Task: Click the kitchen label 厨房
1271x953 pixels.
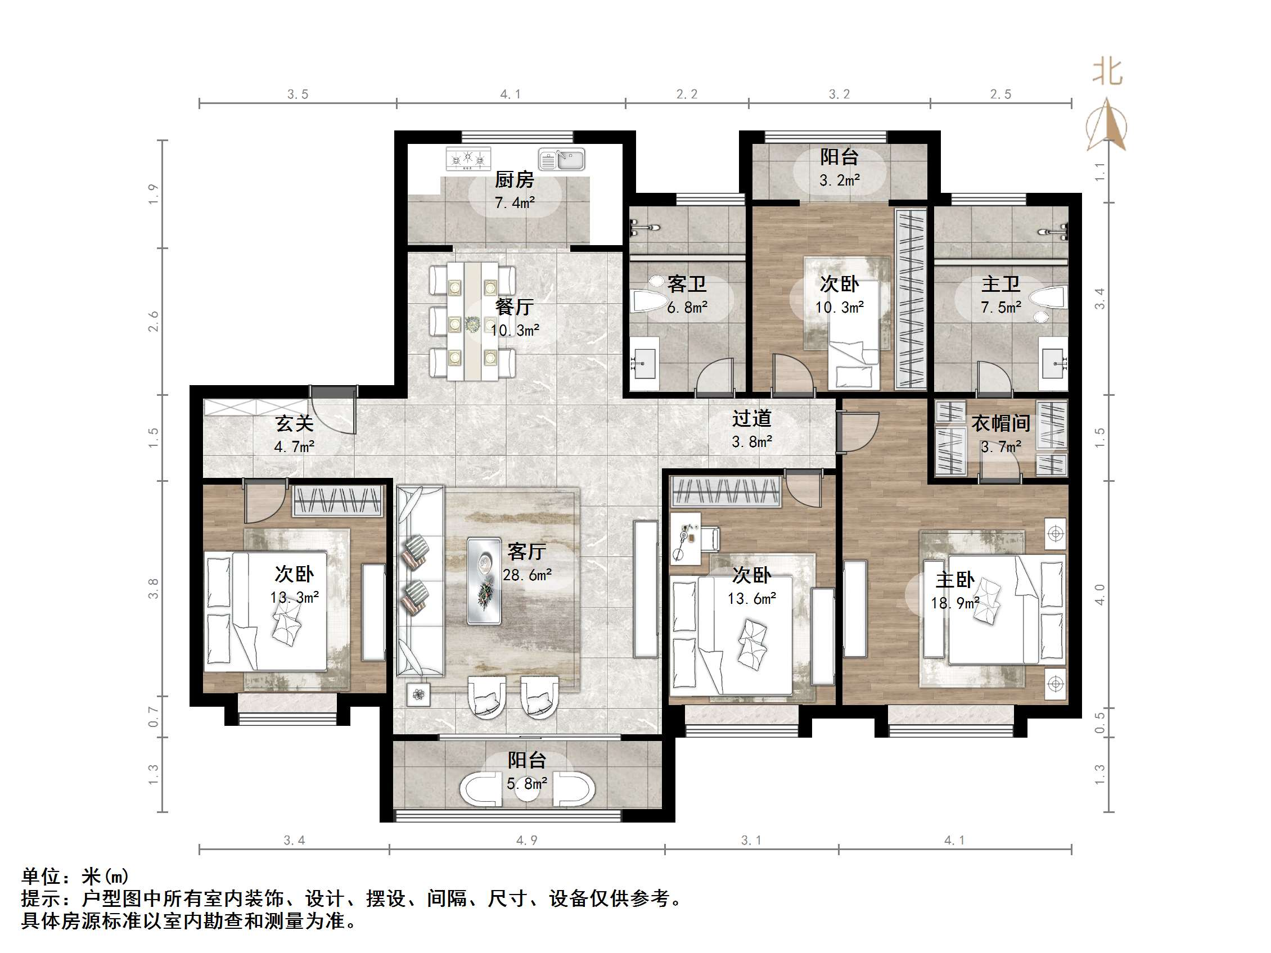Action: coord(514,180)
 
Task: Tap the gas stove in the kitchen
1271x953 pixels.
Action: coord(468,158)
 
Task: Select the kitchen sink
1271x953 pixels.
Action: coord(561,159)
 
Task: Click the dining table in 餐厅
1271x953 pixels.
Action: coord(472,322)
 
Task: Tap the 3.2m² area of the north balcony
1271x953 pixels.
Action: coord(839,180)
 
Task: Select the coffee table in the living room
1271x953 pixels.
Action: coord(484,580)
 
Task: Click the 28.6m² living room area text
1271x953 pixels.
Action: coord(527,575)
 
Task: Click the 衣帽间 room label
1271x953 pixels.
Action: coord(1000,423)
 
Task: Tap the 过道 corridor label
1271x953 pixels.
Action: coord(751,419)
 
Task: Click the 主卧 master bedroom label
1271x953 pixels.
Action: coord(954,580)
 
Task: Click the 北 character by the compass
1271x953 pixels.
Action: coord(1107,73)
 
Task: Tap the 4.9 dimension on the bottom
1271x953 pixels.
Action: coord(526,841)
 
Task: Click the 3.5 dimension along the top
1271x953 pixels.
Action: coord(298,94)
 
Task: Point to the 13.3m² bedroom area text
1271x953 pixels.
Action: coord(294,598)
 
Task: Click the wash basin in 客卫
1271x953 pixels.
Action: coord(644,362)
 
